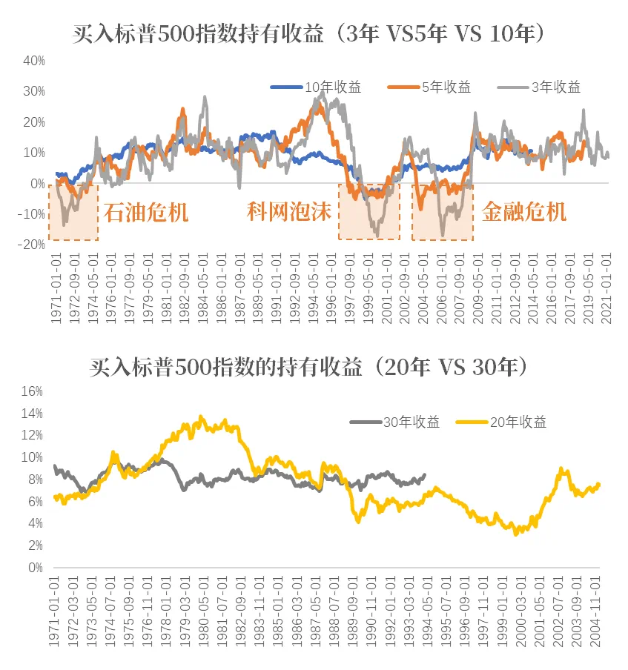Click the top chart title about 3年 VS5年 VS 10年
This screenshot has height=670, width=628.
pos(313,35)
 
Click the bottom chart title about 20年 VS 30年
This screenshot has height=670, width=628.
pos(313,368)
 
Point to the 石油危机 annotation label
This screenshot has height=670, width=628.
pos(145,213)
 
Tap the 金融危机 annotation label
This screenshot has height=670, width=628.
pos(523,213)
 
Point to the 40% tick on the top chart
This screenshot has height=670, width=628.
pos(35,61)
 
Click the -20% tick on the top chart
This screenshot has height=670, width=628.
pos(33,245)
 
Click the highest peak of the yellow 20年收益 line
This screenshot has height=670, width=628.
pos(201,417)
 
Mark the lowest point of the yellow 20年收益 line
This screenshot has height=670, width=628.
pos(516,534)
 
